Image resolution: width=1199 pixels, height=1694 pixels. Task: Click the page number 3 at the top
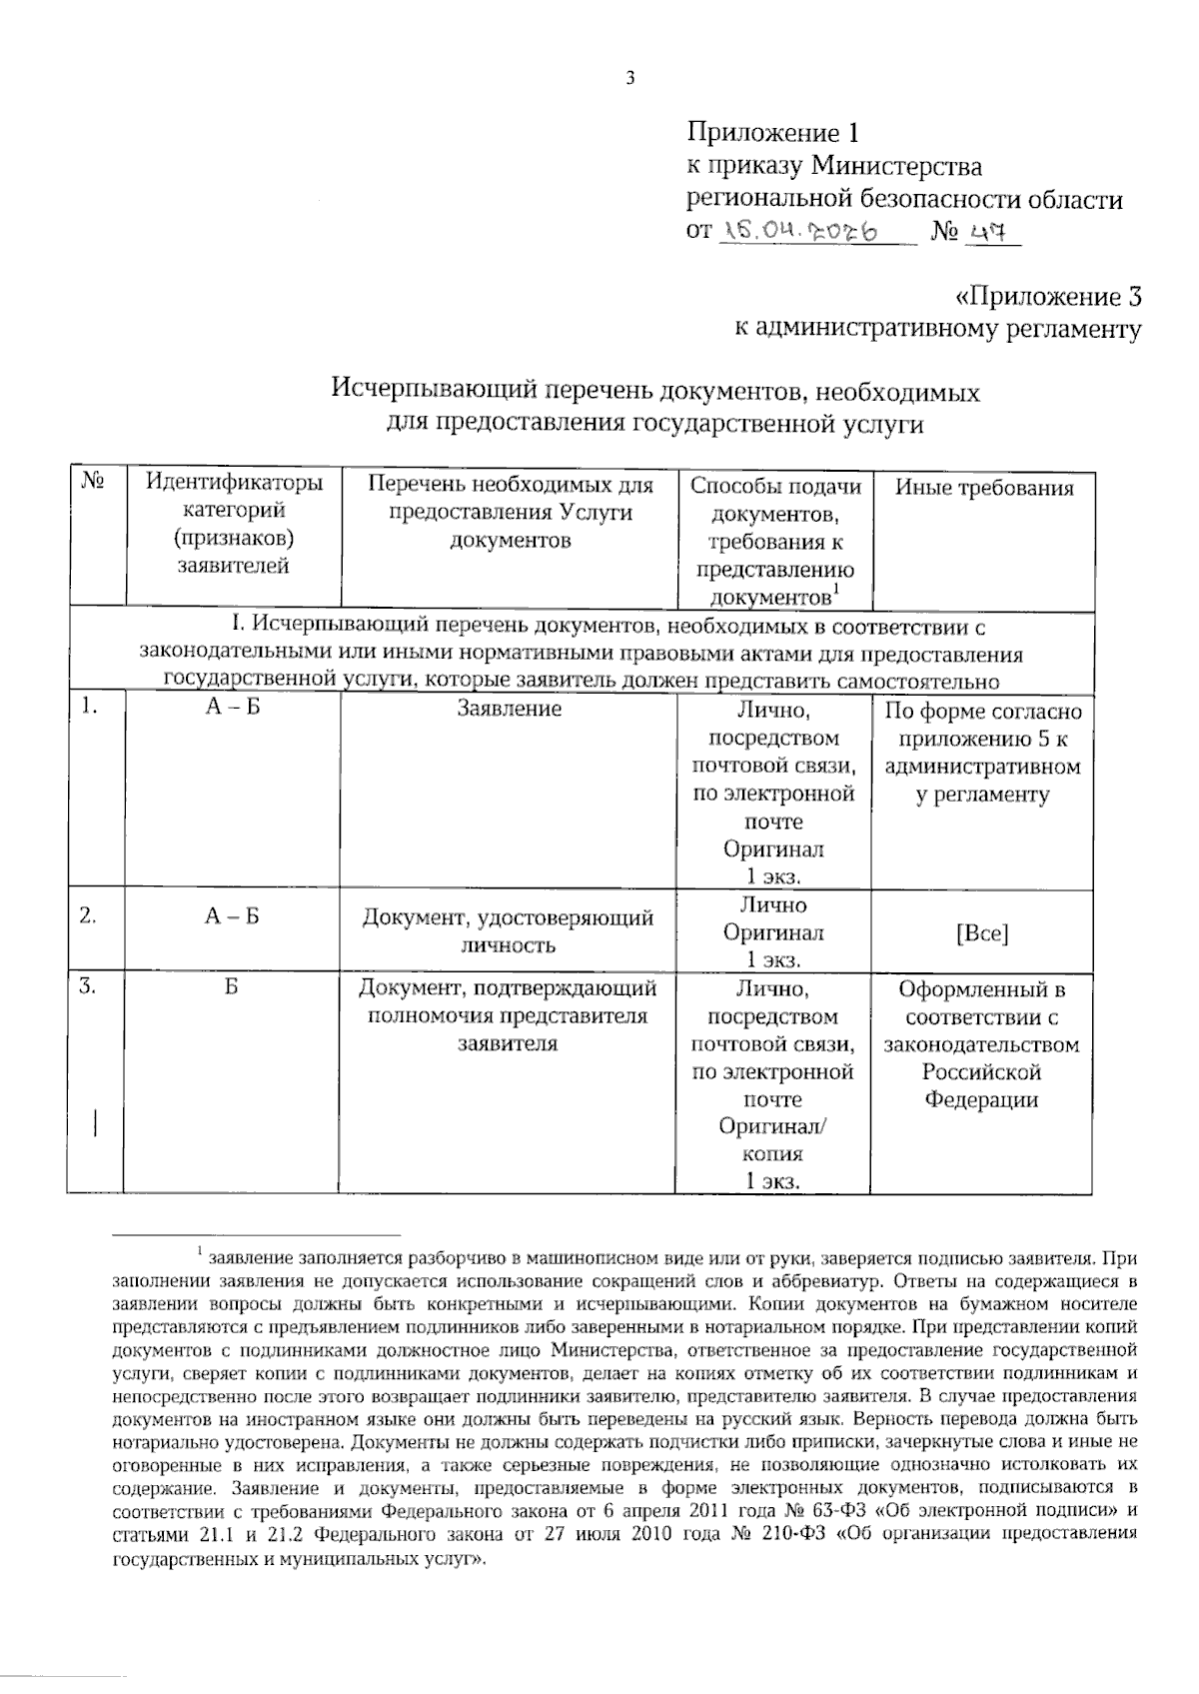pos(629,80)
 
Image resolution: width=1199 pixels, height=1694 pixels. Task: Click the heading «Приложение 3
pos(1048,298)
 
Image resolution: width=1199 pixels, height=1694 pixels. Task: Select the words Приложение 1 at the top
pos(772,133)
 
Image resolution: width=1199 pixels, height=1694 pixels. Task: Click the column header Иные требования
pos(983,488)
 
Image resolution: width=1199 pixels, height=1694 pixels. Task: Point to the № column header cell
pos(95,484)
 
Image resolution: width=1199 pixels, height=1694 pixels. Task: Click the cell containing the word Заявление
pos(509,709)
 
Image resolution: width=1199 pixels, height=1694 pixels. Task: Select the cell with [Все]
pos(982,933)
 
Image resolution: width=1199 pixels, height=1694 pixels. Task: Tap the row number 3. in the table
pos(89,987)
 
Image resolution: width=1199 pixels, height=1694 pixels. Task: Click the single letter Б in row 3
pos(231,988)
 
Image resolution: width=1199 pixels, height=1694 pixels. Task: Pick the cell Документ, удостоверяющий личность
pos(508,930)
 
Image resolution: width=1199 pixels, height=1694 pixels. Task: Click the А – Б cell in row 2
pos(231,916)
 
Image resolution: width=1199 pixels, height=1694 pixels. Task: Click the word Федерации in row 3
pos(981,1100)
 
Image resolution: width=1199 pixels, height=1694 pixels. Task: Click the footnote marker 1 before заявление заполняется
pos(199,1250)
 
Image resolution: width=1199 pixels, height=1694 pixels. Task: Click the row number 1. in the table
pos(89,708)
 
